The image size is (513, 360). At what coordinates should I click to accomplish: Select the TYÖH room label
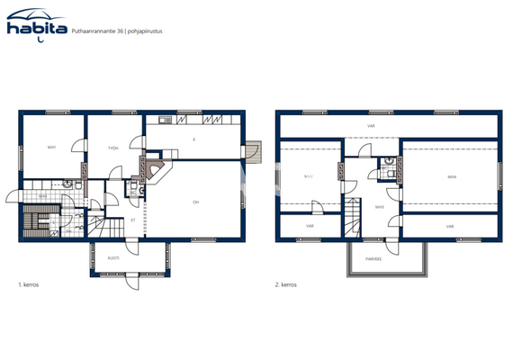(113, 147)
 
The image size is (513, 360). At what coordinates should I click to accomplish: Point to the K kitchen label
(193, 139)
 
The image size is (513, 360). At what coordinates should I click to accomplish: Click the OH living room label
(195, 202)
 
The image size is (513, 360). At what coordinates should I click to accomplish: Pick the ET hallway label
(133, 219)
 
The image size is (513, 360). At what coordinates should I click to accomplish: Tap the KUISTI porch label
(113, 257)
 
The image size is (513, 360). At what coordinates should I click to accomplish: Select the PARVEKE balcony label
(372, 257)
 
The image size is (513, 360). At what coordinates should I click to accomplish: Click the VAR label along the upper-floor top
(371, 126)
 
